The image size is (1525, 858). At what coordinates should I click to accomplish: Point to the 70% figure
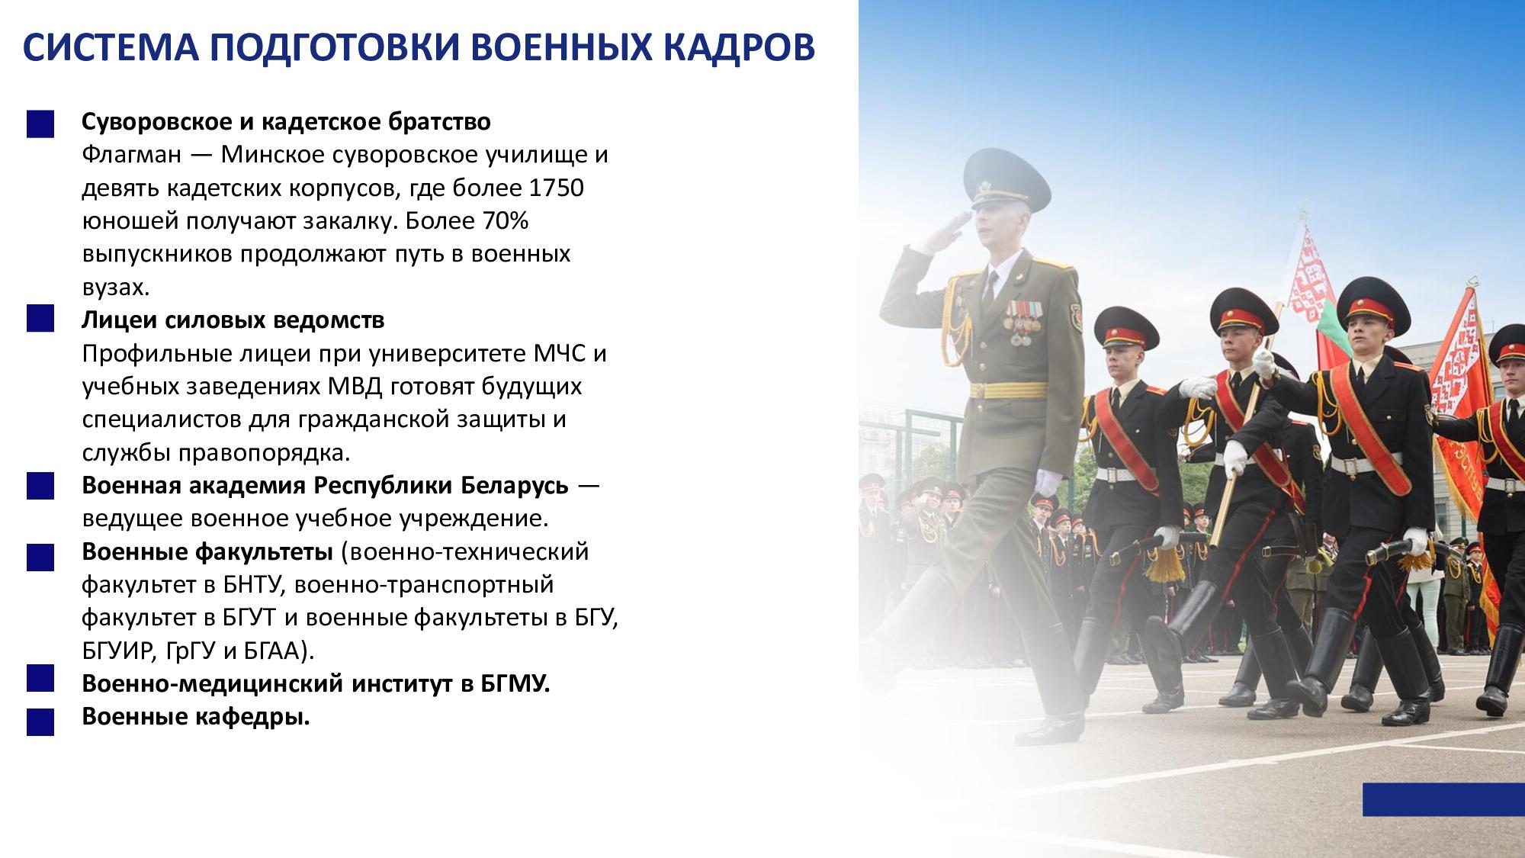(x=506, y=221)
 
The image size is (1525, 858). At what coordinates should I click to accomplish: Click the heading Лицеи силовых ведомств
(x=233, y=320)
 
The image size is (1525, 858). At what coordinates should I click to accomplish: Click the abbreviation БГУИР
(x=117, y=651)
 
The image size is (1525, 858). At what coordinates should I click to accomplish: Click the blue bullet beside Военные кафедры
(x=40, y=721)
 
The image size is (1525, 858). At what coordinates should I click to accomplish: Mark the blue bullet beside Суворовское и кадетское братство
(x=40, y=124)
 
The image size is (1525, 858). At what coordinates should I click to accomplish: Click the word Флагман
(x=131, y=155)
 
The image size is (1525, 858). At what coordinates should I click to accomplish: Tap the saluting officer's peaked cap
(x=1006, y=181)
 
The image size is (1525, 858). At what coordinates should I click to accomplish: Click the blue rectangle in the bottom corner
(x=1443, y=800)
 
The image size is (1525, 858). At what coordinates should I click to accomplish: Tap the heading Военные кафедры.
(x=196, y=717)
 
